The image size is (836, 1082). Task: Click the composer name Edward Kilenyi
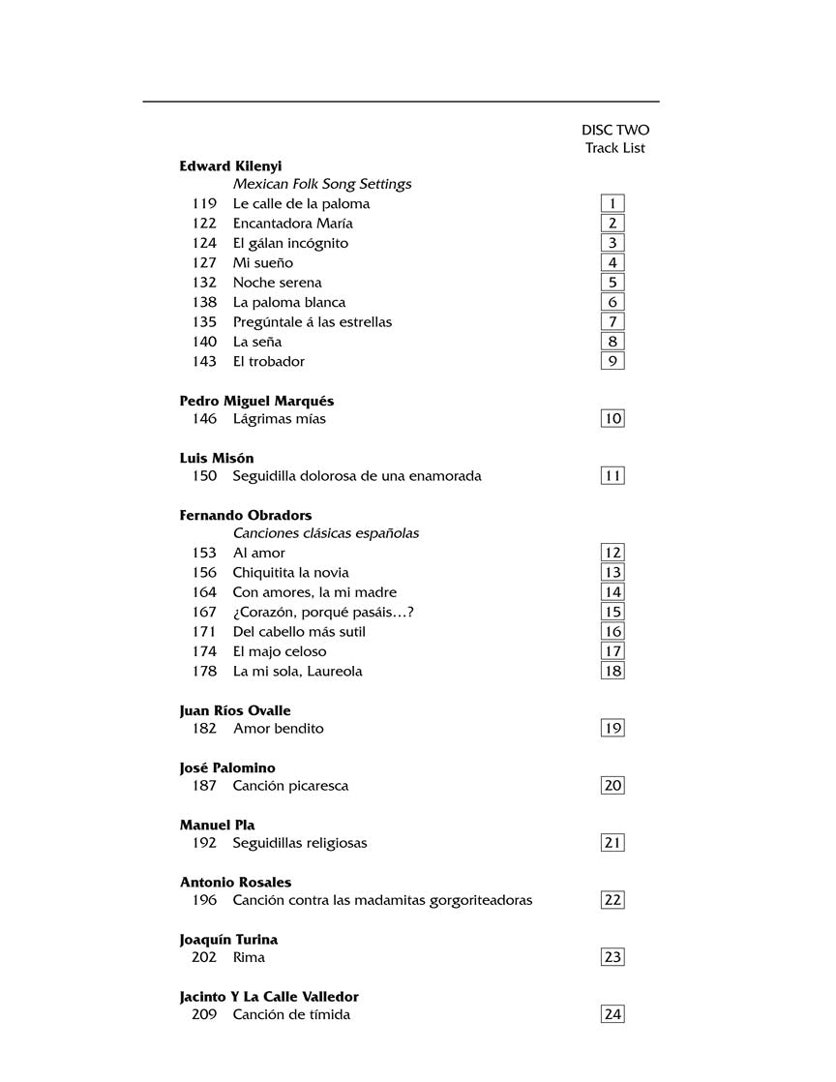[x=230, y=166]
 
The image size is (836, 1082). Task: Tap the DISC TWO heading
[x=615, y=130]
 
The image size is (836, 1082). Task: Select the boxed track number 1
[x=612, y=203]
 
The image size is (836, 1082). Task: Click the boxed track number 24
[x=612, y=1014]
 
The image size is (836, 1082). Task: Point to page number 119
[x=204, y=203]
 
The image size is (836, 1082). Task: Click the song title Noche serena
[x=277, y=283]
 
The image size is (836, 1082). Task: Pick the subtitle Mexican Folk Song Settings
[x=322, y=184]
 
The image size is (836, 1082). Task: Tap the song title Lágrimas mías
[x=279, y=419]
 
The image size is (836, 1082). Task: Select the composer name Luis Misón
[x=217, y=458]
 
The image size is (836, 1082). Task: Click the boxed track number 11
[x=612, y=475]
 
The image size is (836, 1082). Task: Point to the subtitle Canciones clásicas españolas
[x=325, y=533]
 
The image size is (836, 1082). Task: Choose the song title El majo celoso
[x=280, y=651]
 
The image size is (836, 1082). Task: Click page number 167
[x=204, y=612]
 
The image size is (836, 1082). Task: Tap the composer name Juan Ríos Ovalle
[x=235, y=710]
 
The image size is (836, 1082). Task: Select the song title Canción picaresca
[x=290, y=786]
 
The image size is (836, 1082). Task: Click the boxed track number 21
[x=612, y=842]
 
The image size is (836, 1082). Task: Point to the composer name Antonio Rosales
[x=235, y=882]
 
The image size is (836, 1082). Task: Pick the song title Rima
[x=249, y=957]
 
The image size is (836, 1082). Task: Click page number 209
[x=204, y=1014]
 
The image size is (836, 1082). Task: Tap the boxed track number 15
[x=612, y=612]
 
